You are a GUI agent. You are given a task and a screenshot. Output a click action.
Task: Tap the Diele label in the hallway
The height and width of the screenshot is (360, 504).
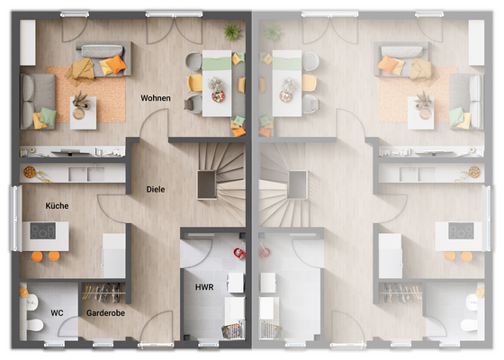click(157, 189)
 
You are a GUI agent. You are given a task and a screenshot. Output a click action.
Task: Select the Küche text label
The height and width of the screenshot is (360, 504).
click(58, 206)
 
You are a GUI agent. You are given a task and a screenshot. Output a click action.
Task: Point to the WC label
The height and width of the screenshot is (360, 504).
click(56, 313)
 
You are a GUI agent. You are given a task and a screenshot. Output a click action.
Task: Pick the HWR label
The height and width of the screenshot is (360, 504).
click(204, 287)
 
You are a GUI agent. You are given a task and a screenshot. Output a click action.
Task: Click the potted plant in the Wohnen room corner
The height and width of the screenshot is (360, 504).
click(232, 32)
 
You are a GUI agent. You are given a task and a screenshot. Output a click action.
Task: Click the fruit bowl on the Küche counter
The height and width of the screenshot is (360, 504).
click(30, 171)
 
